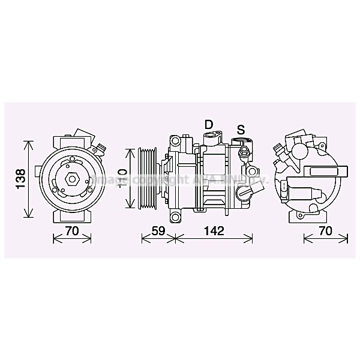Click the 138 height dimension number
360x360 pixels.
point(19,178)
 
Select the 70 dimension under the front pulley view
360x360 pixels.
point(71,230)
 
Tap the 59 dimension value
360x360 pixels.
point(157,230)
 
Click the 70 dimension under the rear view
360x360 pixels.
point(326,230)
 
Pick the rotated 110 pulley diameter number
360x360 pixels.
point(122,179)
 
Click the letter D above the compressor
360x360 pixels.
point(209,124)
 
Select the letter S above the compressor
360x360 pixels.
point(241,129)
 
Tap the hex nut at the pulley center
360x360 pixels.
point(71,179)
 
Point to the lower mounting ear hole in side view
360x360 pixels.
point(175,215)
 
